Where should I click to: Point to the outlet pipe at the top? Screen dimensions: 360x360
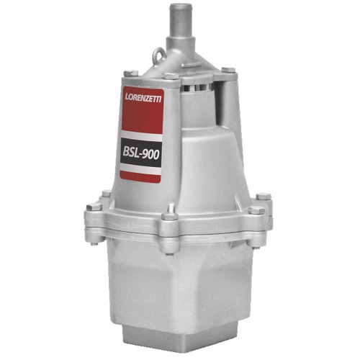pyautogui.click(x=180, y=29)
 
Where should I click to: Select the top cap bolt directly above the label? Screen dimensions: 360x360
pyautogui.click(x=171, y=74)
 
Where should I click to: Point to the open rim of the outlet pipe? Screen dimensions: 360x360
pyautogui.click(x=180, y=6)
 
